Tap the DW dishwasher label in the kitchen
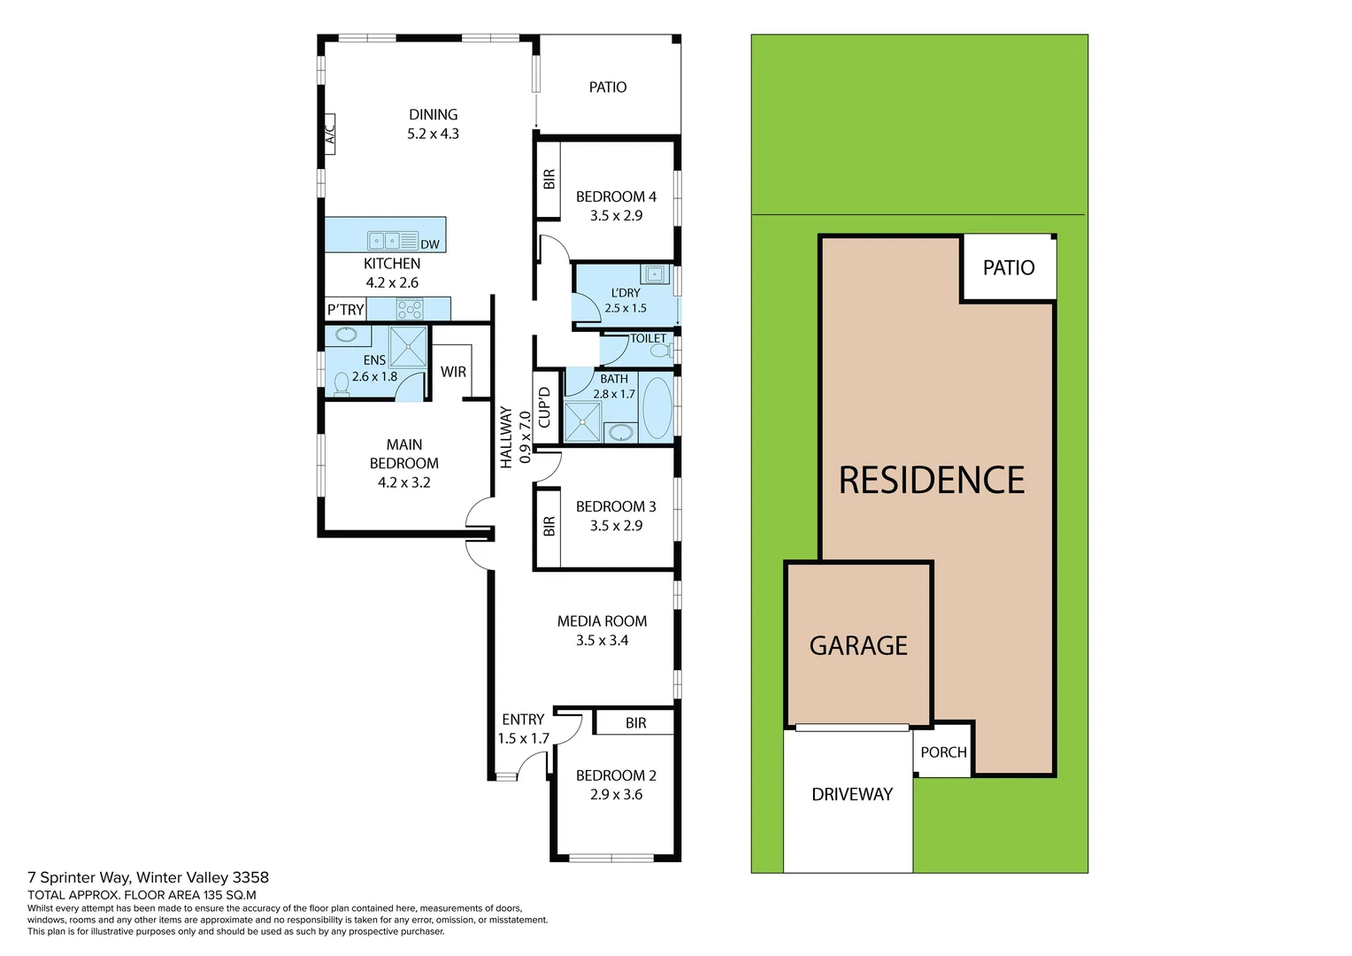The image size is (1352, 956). coord(430,244)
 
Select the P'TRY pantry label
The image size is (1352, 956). coord(345,309)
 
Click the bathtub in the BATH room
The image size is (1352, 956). coord(657,408)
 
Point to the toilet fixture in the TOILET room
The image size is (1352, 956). coord(659,351)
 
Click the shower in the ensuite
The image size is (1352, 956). coord(408,346)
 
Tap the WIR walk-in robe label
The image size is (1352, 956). coord(453,372)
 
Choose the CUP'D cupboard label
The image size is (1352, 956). coord(544,407)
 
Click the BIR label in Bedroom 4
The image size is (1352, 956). coord(549,179)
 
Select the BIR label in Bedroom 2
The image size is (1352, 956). coord(635,723)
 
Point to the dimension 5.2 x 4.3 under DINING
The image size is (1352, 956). coord(433,134)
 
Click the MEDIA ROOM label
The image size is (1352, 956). coord(602,621)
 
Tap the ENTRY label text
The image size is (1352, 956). coord(523,720)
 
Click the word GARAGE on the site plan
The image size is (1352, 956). coord(858,646)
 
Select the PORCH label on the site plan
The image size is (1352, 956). coord(943,752)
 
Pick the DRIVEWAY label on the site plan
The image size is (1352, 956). coord(852,794)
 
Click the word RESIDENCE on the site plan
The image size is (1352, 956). coord(932,481)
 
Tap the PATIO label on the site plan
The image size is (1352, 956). coord(1009,267)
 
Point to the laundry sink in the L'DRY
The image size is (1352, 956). coord(655,273)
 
